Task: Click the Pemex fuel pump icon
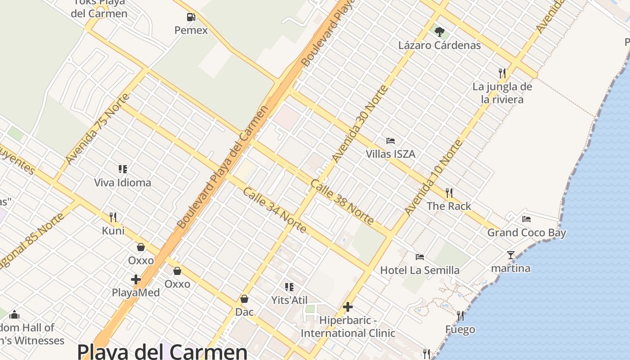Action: click(x=191, y=18)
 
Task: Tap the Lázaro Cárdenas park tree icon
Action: click(x=440, y=32)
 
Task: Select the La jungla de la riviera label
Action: click(x=502, y=93)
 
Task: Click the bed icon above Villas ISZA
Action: click(x=391, y=141)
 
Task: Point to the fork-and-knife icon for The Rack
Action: click(x=449, y=193)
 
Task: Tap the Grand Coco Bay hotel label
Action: click(x=526, y=233)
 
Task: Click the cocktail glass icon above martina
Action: click(x=510, y=255)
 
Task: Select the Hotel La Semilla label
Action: click(x=420, y=270)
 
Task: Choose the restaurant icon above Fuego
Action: click(x=460, y=316)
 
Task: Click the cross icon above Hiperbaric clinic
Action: click(x=348, y=307)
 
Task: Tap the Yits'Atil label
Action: click(x=289, y=300)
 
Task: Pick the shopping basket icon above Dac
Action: click(x=244, y=299)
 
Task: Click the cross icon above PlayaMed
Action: click(x=135, y=279)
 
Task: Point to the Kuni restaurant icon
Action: click(x=113, y=217)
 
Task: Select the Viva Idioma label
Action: click(x=122, y=183)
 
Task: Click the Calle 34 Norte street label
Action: click(x=274, y=210)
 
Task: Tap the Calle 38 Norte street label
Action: click(x=342, y=202)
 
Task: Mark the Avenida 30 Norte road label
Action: click(x=360, y=123)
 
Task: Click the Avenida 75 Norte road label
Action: click(x=97, y=129)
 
